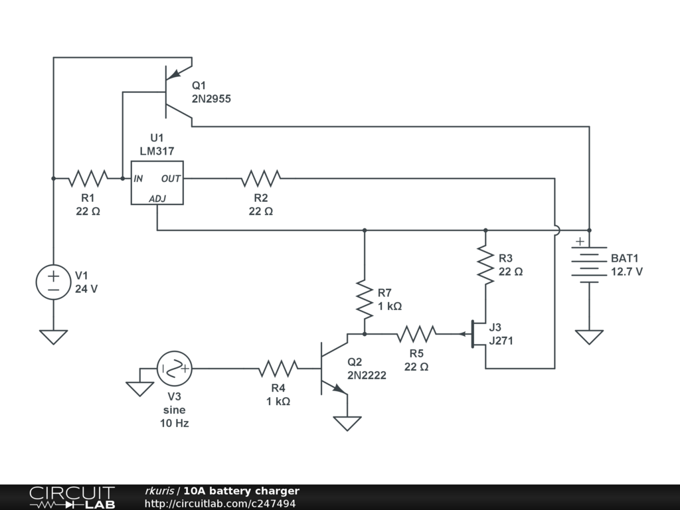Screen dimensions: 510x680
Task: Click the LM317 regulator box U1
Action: tap(157, 183)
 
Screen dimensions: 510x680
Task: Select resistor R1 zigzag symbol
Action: tap(88, 178)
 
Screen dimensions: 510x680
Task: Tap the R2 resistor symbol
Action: tap(261, 178)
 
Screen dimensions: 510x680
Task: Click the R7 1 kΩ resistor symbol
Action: tap(365, 299)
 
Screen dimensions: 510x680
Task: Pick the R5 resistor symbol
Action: tap(416, 334)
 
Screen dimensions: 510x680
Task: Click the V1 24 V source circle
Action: tap(53, 281)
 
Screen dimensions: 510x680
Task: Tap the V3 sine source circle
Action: tap(175, 368)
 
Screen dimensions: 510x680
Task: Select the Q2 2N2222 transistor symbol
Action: tap(332, 369)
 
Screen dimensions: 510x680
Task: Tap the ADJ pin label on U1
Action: tap(158, 198)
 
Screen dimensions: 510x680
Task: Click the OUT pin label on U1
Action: tap(171, 179)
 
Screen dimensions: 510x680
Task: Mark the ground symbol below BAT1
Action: tap(588, 337)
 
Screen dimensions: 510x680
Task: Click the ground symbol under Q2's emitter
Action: tap(347, 423)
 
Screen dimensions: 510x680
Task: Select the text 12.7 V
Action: tap(627, 272)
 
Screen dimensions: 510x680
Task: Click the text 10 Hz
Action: tap(174, 423)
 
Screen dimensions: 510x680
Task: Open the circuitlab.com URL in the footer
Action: tap(220, 503)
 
